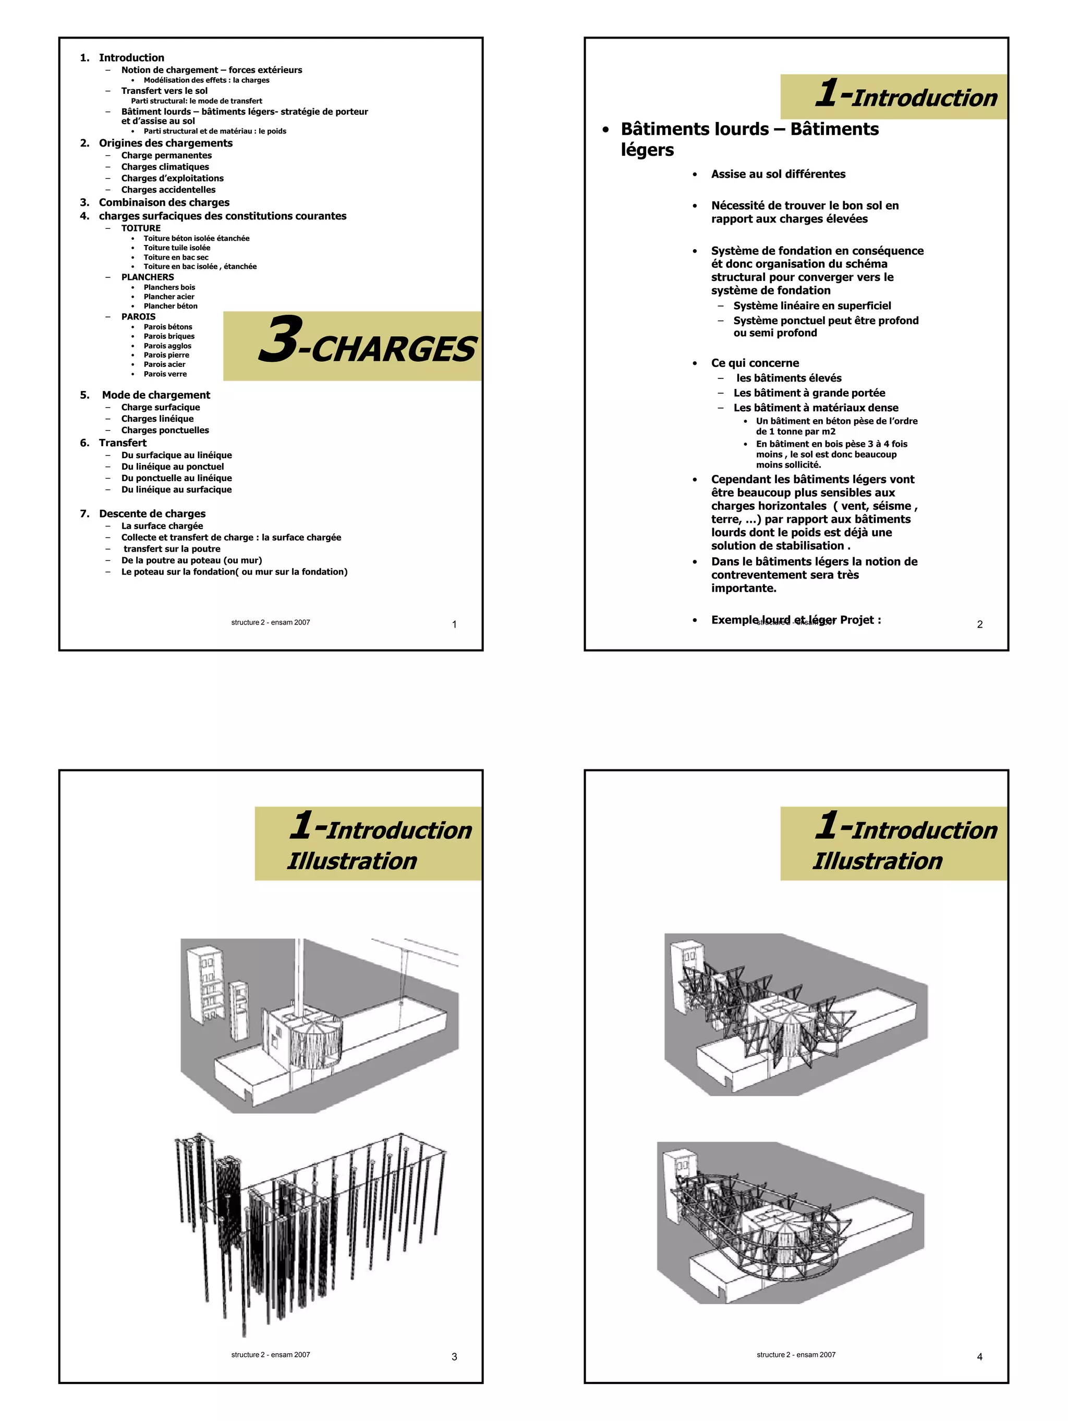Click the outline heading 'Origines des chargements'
pyautogui.click(x=165, y=143)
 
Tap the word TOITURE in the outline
pyautogui.click(x=141, y=228)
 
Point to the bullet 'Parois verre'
pyautogui.click(x=165, y=374)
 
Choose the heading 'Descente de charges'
pyautogui.click(x=152, y=514)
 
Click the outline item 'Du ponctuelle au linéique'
pyautogui.click(x=176, y=478)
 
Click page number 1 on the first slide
pyautogui.click(x=454, y=624)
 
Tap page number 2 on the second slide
pyautogui.click(x=979, y=624)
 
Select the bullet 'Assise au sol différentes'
pyautogui.click(x=778, y=174)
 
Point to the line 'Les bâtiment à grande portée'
pyautogui.click(x=809, y=393)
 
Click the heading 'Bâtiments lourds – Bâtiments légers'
pyautogui.click(x=749, y=138)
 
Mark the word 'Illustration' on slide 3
pyautogui.click(x=351, y=861)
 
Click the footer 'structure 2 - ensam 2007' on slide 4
pyautogui.click(x=796, y=1355)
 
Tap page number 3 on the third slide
pyautogui.click(x=454, y=1357)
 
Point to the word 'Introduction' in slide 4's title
pyautogui.click(x=924, y=830)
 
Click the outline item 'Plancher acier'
pyautogui.click(x=168, y=297)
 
